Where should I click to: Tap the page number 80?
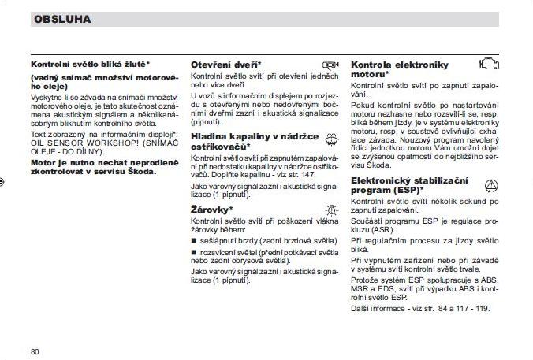pyautogui.click(x=35, y=351)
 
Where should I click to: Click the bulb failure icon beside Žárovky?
pyautogui.click(x=330, y=210)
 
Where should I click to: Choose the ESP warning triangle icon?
pyautogui.click(x=490, y=185)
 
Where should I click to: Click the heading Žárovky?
pyautogui.click(x=211, y=210)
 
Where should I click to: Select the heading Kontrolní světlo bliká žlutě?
pyautogui.click(x=90, y=64)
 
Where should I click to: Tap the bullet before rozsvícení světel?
pyautogui.click(x=193, y=251)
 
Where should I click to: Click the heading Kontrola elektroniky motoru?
pyautogui.click(x=399, y=69)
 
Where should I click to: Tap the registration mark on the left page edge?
pyautogui.click(x=3, y=180)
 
